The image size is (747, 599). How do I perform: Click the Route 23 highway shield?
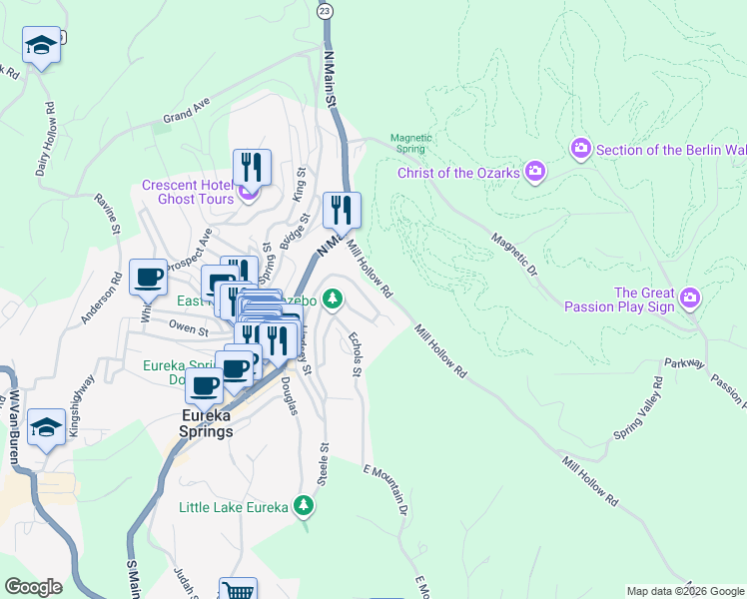coord(324,10)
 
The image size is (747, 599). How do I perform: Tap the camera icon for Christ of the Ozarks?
coord(535,172)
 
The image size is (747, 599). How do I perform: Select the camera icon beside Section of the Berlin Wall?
coord(581,149)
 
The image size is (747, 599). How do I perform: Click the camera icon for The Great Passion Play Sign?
coord(689,298)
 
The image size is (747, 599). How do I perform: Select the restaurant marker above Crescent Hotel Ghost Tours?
coord(253,166)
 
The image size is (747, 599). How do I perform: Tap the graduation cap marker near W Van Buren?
coord(46,426)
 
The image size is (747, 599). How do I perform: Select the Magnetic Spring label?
coord(407,143)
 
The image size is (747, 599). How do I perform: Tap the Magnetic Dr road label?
coord(514,256)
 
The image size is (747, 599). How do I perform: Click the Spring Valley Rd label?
coord(638,409)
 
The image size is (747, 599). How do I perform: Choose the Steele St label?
coord(323,466)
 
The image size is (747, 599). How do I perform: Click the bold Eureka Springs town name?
coord(207,424)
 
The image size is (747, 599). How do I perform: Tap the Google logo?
coord(33,587)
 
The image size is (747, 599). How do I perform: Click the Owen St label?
coord(187,327)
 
